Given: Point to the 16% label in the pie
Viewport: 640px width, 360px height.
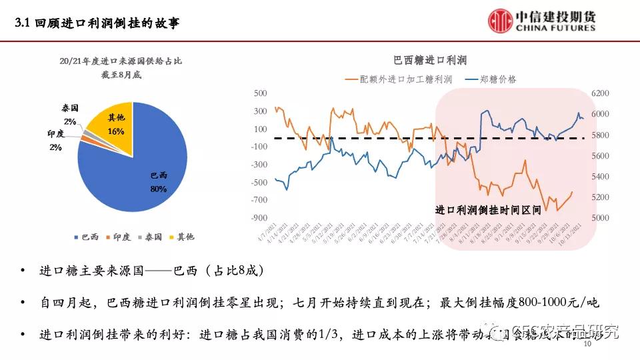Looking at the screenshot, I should pos(116,131).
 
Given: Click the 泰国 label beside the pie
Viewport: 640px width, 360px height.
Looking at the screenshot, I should pos(70,108).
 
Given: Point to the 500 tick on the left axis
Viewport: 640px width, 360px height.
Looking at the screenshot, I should pos(260,93).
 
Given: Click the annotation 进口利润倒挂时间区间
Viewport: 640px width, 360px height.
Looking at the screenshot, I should pos(488,209).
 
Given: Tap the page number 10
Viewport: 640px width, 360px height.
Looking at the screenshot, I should pos(587,345).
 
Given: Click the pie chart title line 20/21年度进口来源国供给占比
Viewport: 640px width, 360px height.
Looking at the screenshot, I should pos(120,61).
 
